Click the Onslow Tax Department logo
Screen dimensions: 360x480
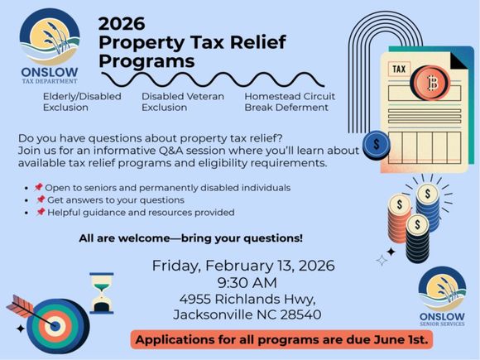pos(49,45)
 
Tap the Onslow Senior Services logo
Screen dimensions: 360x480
pos(441,299)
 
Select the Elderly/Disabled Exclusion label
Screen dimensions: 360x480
pos(82,102)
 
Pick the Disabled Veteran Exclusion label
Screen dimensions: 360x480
pos(178,102)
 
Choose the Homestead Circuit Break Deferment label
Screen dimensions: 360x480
pos(290,102)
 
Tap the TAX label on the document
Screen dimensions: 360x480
pos(399,69)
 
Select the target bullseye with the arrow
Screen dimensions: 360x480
pos(52,324)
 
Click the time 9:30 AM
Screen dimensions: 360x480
pos(243,282)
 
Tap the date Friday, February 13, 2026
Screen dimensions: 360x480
pos(243,266)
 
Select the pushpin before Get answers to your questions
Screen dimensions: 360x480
pos(40,200)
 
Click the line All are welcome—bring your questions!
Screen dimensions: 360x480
pos(190,238)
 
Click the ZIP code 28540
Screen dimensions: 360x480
pos(300,314)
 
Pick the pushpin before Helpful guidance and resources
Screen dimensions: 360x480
pos(40,213)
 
